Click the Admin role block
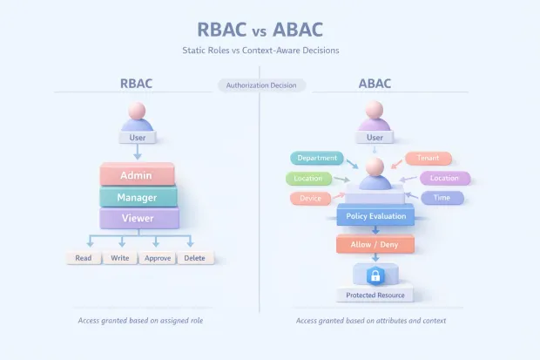pos(138,175)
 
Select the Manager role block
pos(138,197)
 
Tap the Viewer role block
pos(138,218)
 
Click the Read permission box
pos(84,258)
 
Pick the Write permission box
pos(120,258)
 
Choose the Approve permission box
pos(156,258)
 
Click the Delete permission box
pos(195,258)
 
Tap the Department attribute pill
pos(316,158)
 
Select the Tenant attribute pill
pos(428,159)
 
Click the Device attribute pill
pos(309,198)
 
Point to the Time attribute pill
pos(442,198)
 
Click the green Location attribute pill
pos(308,178)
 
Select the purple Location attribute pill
pos(444,178)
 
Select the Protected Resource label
pos(375,295)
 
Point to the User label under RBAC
pos(138,137)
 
